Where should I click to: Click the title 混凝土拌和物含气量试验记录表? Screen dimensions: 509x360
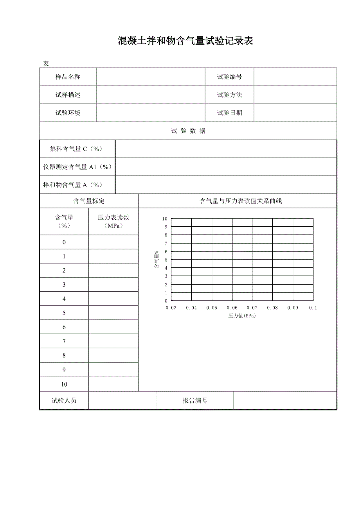click(x=185, y=41)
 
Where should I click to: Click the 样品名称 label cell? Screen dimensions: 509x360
click(x=68, y=77)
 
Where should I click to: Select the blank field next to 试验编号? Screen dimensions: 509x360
click(x=295, y=77)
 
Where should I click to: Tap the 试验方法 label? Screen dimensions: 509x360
click(x=230, y=95)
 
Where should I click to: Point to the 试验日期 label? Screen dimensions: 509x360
click(x=230, y=113)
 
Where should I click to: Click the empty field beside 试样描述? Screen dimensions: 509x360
click(x=151, y=95)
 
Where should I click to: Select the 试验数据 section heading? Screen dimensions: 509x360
click(x=188, y=131)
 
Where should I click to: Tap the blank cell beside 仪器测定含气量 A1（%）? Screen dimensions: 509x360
click(x=226, y=167)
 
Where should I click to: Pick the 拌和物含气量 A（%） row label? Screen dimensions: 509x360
click(x=72, y=185)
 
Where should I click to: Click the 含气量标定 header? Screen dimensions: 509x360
click(x=89, y=201)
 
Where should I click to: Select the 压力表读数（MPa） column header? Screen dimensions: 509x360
click(x=113, y=222)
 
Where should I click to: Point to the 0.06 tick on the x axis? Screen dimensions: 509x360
click(x=232, y=308)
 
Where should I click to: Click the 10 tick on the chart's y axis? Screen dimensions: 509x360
click(x=165, y=219)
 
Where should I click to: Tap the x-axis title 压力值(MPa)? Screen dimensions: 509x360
click(x=242, y=316)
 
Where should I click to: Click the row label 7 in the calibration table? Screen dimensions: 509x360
click(x=64, y=341)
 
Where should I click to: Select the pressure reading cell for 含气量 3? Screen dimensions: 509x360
click(x=113, y=285)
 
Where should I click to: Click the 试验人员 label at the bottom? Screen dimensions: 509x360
click(x=64, y=401)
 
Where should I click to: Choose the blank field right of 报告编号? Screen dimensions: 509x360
click(x=285, y=401)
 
